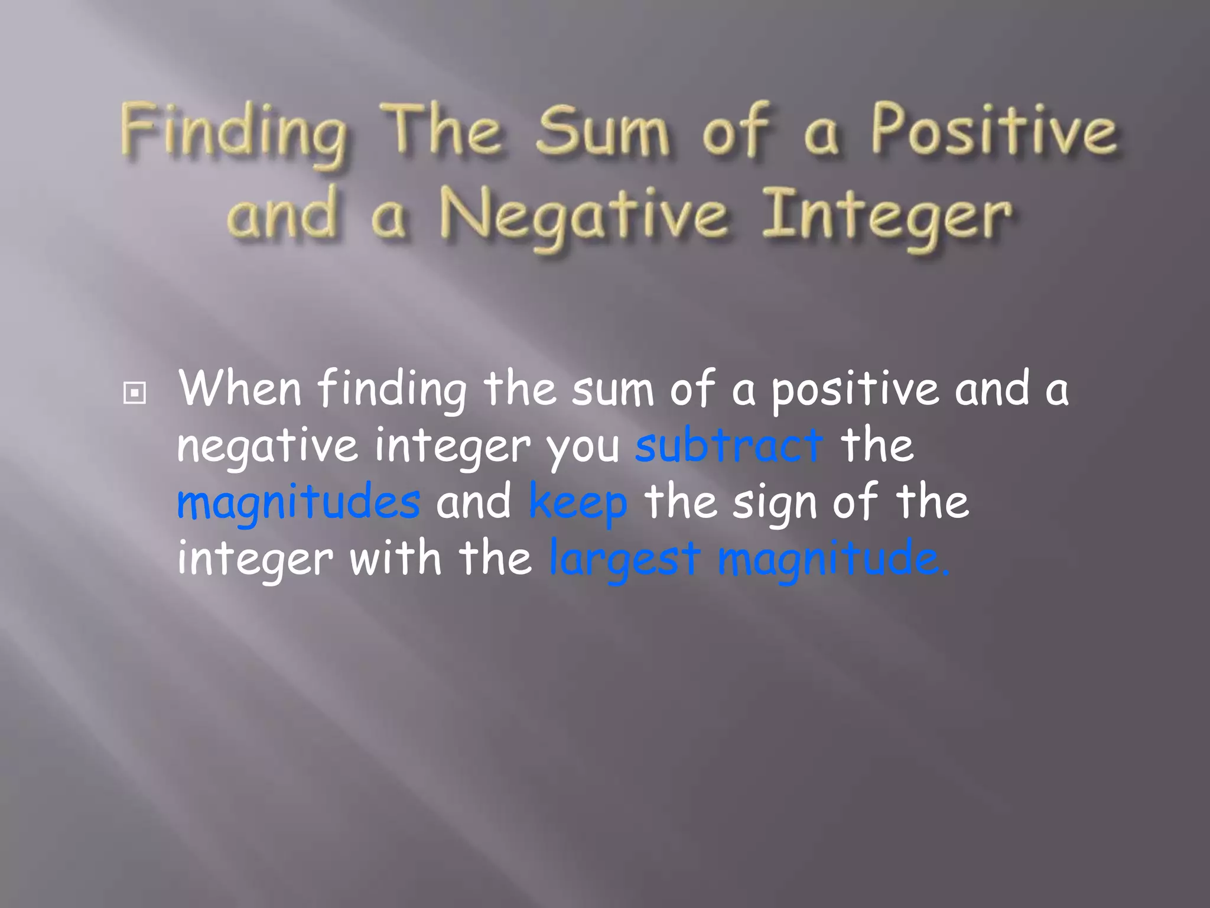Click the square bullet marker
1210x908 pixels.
(x=135, y=393)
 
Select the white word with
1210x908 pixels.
(x=395, y=557)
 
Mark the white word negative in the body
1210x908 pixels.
(x=268, y=446)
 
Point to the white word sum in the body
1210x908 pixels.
(x=613, y=390)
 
